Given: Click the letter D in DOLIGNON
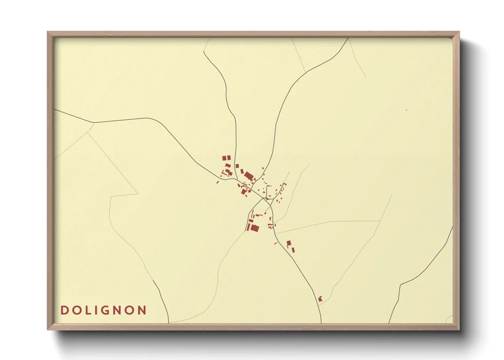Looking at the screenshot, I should point(64,310).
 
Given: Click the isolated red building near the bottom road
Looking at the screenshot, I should point(320,299).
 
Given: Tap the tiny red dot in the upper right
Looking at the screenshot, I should point(406,110).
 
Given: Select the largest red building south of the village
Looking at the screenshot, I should point(254,228).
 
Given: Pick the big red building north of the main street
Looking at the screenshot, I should point(249,176).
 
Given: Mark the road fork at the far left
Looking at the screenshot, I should point(94,122).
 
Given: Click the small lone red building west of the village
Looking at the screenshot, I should point(218,182).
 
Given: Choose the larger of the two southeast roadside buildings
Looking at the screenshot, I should point(289,243).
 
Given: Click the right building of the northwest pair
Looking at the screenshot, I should point(229,158).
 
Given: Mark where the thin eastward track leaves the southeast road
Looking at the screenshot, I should point(275,233).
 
